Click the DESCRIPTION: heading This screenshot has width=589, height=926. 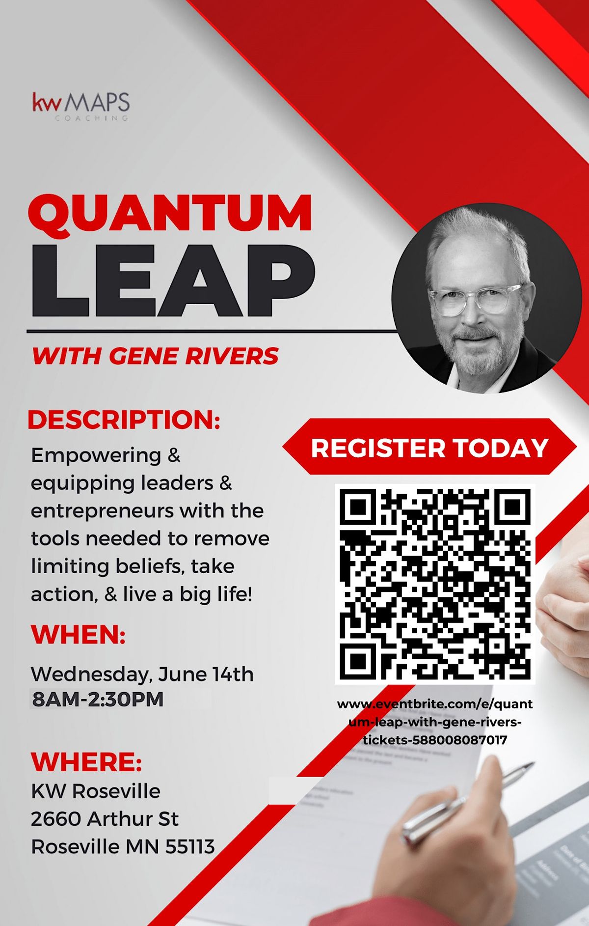click(x=124, y=420)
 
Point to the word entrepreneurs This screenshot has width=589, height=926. click(x=102, y=511)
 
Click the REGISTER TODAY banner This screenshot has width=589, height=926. click(x=429, y=448)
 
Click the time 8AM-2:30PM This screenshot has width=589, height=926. click(x=98, y=700)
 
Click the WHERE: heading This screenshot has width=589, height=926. click(x=86, y=761)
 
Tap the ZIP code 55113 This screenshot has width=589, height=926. click(x=190, y=847)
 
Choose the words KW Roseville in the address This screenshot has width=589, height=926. click(x=96, y=791)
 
